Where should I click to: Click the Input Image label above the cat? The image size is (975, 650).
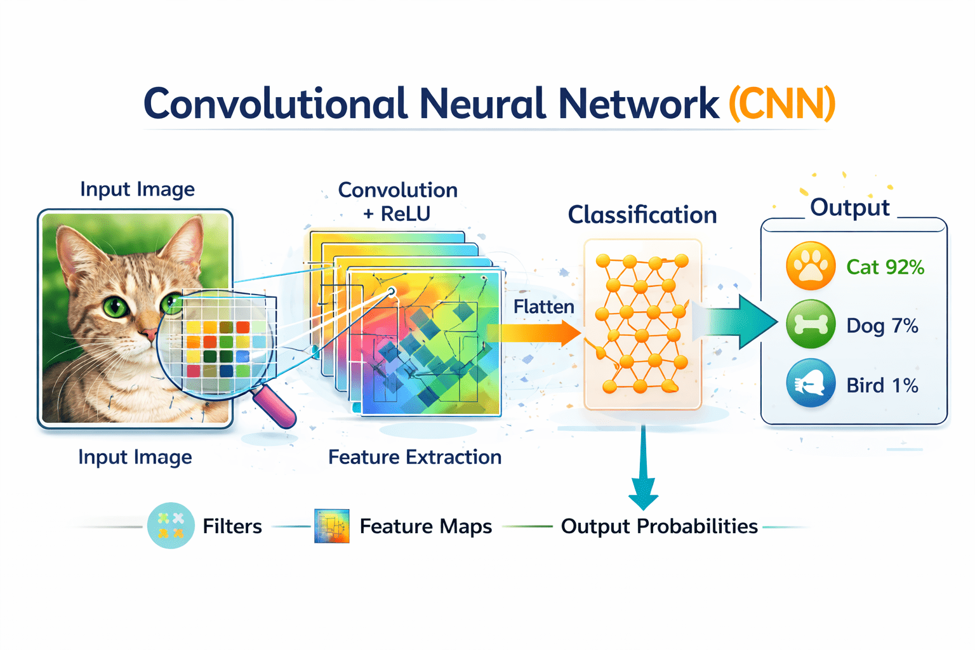137,189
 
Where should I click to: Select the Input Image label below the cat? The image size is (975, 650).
135,457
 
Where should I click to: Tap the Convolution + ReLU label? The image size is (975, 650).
397,201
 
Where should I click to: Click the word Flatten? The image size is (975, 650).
543,307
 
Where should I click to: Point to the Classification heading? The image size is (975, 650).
642,215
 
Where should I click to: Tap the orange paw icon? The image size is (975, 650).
811,266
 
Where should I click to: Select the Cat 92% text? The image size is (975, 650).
885,267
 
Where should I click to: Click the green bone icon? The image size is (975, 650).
811,325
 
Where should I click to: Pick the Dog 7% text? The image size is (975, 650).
882,326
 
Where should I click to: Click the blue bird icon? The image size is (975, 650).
811,383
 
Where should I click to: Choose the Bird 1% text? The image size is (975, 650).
882,385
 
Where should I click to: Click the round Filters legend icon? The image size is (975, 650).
170,526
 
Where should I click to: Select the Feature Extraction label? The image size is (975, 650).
415,457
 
